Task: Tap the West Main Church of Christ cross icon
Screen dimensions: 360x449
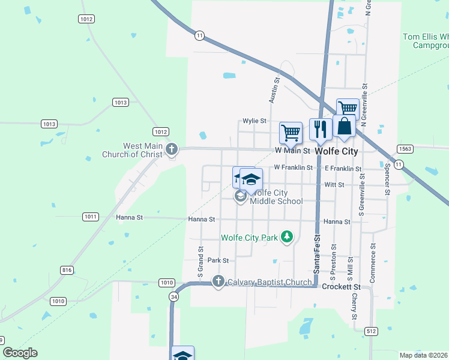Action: point(172,149)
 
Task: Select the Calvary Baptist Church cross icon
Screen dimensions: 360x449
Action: point(218,281)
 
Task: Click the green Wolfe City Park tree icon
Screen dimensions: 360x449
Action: point(287,237)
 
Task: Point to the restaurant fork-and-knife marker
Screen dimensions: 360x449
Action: point(321,129)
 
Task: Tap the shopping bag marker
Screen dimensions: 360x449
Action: point(345,127)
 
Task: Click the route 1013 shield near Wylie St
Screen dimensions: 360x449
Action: point(121,103)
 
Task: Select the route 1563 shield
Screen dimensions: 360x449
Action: point(403,148)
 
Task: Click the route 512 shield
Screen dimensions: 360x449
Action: point(371,331)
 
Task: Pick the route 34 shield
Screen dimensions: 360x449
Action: point(174,296)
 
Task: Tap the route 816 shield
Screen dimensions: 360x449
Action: point(67,271)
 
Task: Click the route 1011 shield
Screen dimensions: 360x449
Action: point(91,217)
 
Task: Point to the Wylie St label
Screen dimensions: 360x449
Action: point(254,121)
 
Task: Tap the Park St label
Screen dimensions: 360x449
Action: point(218,260)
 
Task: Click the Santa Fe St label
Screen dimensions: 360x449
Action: point(317,251)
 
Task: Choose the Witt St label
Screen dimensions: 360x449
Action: point(334,185)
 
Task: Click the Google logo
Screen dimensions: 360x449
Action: point(20,353)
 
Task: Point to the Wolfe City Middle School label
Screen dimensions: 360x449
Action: point(276,197)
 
